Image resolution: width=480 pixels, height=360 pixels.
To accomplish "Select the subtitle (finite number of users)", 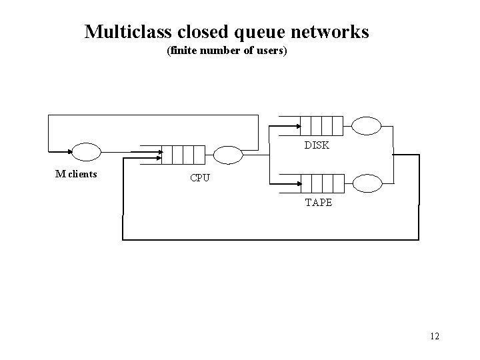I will click(x=227, y=51).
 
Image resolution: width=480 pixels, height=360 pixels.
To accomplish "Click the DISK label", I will click(x=317, y=145).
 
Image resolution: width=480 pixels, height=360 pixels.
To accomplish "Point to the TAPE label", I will click(x=318, y=203).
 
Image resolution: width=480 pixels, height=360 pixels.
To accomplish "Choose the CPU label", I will click(x=200, y=178).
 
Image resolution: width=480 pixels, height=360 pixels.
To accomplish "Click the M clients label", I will click(x=76, y=175).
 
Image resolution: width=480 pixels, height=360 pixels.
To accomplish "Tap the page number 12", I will click(x=434, y=336).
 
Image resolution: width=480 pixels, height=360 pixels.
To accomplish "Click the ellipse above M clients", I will click(x=86, y=152).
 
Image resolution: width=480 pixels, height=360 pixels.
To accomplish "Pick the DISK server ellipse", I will click(x=366, y=125).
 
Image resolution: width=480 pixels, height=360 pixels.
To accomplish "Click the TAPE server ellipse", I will click(x=366, y=182).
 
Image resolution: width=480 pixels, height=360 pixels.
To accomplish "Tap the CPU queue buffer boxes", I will click(x=182, y=155).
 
